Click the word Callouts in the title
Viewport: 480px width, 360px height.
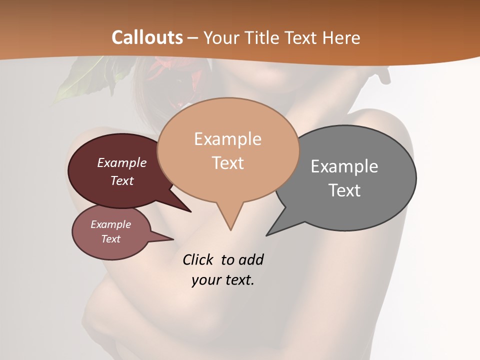(147, 37)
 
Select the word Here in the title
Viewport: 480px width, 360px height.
(341, 37)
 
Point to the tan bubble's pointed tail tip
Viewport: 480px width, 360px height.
(230, 230)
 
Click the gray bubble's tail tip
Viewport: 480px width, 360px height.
(267, 235)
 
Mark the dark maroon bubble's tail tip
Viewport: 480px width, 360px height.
(190, 211)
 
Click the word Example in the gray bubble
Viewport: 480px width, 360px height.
(344, 166)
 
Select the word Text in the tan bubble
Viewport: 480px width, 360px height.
(228, 163)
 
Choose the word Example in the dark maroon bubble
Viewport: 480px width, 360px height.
(122, 162)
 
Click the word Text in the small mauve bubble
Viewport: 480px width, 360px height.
(111, 239)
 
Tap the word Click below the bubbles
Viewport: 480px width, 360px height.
(198, 259)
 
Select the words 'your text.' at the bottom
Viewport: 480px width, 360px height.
(223, 280)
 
